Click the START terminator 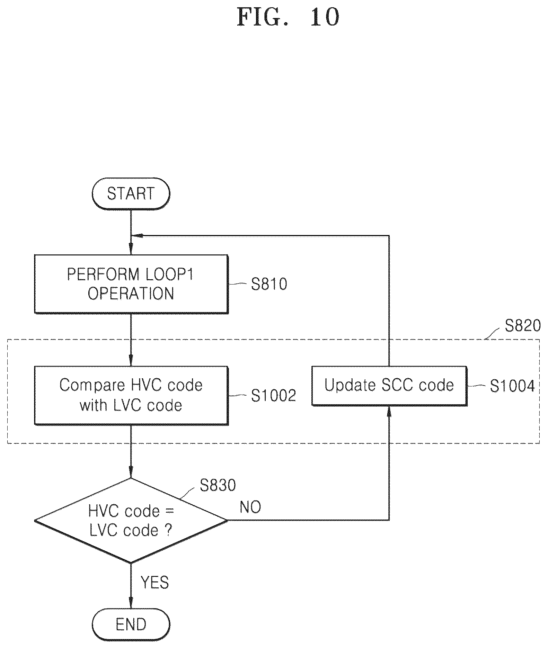(131, 193)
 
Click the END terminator (131, 625)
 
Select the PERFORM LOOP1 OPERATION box (131, 284)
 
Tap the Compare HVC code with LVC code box (131, 395)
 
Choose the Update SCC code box (389, 386)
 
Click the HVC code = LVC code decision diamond (131, 520)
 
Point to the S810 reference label (269, 284)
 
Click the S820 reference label (523, 326)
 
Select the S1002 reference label (273, 396)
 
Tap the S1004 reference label (512, 386)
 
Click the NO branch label (250, 507)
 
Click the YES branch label (155, 583)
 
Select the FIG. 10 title (288, 17)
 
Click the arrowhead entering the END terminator (131, 604)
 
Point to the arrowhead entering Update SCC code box (389, 412)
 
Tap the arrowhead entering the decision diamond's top (131, 472)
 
